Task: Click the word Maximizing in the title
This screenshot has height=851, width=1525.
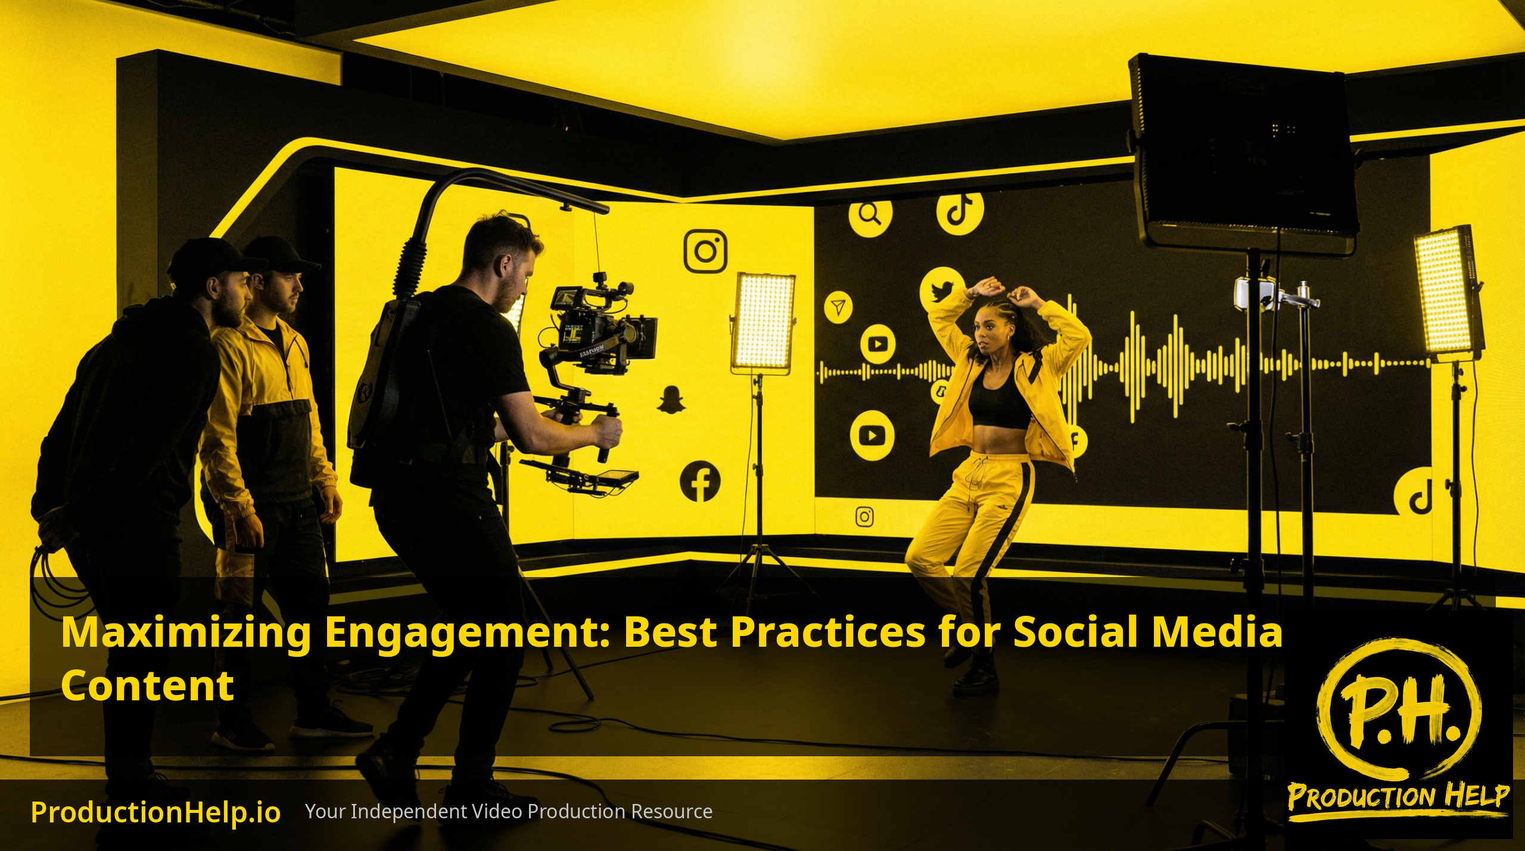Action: click(x=186, y=633)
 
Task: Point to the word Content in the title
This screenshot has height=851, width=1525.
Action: click(x=147, y=685)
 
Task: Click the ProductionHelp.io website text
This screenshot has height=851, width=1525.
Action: click(x=155, y=812)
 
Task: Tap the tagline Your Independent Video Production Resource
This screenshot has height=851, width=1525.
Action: click(x=509, y=811)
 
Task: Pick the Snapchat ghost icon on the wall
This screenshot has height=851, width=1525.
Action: click(x=671, y=398)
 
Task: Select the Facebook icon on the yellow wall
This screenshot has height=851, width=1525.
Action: click(x=700, y=481)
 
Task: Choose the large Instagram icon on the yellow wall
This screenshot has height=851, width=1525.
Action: click(x=705, y=251)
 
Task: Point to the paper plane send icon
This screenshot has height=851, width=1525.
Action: click(x=838, y=307)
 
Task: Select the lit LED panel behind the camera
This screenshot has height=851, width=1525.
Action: click(x=762, y=322)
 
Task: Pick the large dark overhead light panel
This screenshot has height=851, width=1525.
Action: click(x=1244, y=152)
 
